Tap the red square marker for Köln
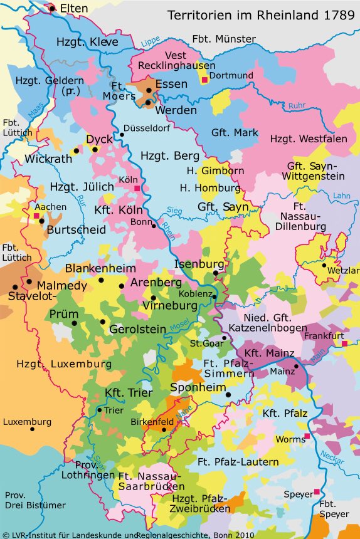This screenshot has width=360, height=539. click(x=137, y=188)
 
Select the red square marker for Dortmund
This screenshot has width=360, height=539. click(x=204, y=80)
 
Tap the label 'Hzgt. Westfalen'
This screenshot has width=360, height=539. click(x=309, y=139)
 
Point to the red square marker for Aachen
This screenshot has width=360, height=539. click(x=36, y=216)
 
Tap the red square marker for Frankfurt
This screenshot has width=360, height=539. click(x=344, y=343)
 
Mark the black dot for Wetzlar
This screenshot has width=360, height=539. click(x=324, y=265)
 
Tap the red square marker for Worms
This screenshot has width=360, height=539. click(x=307, y=436)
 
